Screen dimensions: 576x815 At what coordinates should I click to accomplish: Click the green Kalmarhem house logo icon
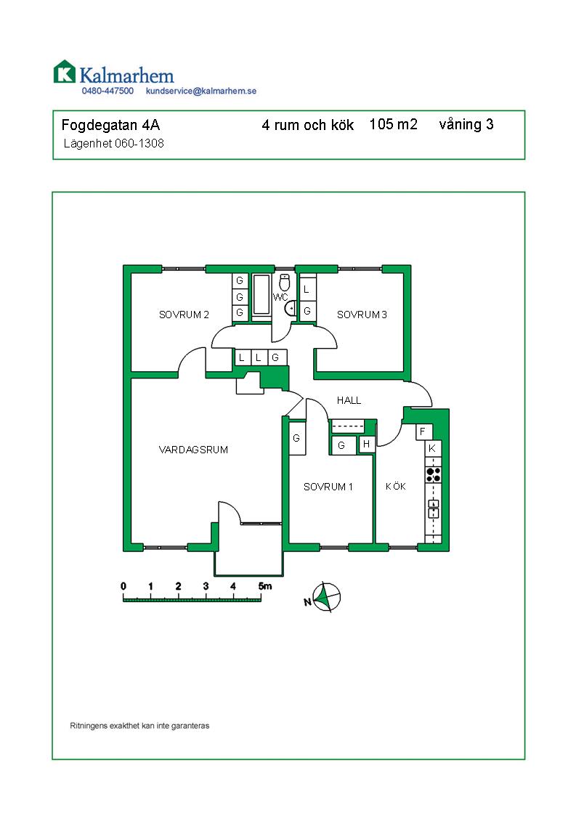(65, 72)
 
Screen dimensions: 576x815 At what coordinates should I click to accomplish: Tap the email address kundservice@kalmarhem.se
(201, 91)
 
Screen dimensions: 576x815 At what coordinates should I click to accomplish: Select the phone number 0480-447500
(108, 91)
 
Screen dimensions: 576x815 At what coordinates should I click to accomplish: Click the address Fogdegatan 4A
(110, 125)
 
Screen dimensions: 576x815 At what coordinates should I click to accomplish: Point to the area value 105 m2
(394, 124)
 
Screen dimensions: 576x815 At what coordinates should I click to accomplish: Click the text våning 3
(466, 125)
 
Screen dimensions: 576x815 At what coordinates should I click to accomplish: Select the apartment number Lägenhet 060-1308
(114, 143)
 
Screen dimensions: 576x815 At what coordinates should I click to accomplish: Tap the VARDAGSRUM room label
(193, 450)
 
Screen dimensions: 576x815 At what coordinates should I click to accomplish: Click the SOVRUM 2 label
(184, 315)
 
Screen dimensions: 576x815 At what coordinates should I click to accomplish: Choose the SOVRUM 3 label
(362, 315)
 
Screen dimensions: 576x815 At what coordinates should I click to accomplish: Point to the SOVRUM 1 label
(328, 487)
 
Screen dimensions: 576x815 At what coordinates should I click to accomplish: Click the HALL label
(349, 400)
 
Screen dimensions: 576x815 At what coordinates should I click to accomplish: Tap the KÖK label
(396, 487)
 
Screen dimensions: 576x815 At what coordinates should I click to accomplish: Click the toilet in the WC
(284, 283)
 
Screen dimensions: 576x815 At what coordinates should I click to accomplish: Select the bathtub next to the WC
(261, 295)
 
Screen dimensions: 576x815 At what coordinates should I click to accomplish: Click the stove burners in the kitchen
(433, 474)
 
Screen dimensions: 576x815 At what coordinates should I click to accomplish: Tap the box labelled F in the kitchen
(423, 432)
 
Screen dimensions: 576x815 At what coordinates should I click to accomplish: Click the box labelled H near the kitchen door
(367, 444)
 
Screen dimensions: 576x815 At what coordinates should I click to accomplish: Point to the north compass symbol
(325, 596)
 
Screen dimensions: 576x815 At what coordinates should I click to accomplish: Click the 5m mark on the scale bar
(264, 586)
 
